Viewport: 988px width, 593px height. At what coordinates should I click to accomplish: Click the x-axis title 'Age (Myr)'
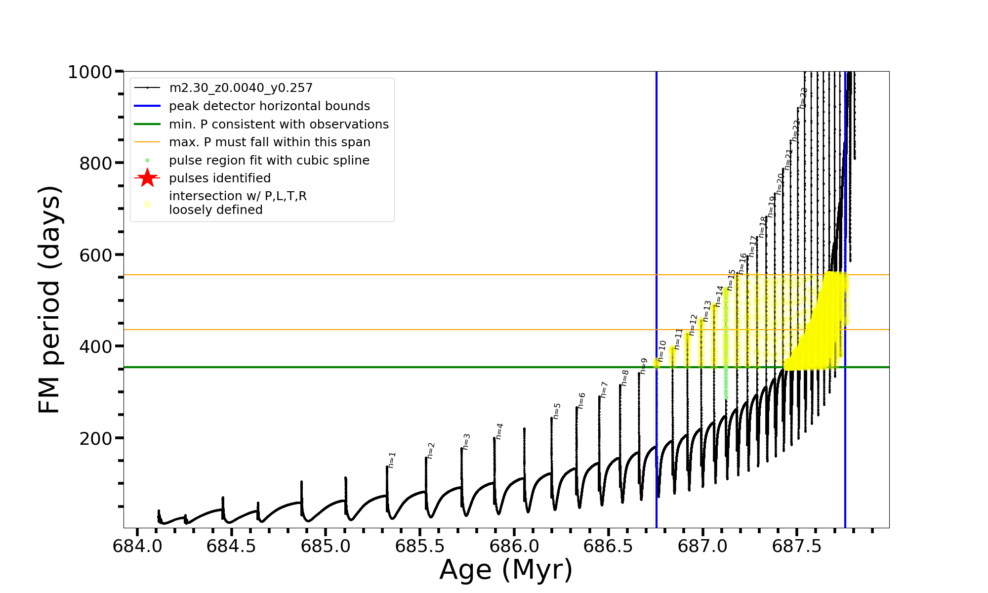click(506, 570)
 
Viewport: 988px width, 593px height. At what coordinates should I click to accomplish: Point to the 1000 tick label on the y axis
click(90, 72)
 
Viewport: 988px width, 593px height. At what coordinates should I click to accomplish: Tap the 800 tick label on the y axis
click(96, 163)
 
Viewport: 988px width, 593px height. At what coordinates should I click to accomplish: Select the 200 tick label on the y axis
click(96, 438)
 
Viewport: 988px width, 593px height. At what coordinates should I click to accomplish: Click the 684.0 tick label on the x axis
click(137, 547)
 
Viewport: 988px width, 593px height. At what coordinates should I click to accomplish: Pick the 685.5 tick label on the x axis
click(420, 547)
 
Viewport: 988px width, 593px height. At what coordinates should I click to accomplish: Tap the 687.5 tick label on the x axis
click(797, 547)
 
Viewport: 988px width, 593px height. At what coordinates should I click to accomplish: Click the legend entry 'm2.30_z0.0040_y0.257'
click(241, 88)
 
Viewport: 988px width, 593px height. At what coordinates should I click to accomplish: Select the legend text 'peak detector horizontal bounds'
click(269, 106)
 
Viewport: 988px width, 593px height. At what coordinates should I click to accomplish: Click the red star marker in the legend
click(147, 178)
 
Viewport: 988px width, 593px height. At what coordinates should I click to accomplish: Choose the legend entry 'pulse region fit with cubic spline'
click(269, 161)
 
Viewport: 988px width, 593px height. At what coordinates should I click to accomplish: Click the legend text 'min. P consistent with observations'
click(279, 125)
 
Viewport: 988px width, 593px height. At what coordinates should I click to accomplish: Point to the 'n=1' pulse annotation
click(392, 460)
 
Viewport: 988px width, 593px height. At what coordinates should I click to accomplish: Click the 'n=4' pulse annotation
click(499, 431)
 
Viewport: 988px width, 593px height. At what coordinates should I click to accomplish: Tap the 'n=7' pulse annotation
click(604, 389)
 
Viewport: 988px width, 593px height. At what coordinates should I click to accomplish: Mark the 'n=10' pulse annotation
click(662, 351)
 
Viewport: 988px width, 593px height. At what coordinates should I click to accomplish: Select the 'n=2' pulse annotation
click(431, 450)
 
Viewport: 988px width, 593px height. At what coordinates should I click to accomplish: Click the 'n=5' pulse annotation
click(557, 411)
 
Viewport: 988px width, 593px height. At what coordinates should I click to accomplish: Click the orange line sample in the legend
click(147, 142)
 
